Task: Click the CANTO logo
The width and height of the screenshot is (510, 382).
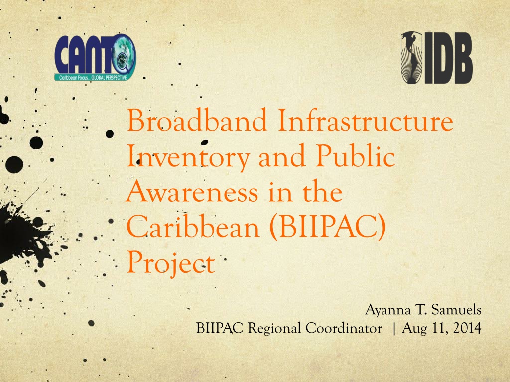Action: click(95, 58)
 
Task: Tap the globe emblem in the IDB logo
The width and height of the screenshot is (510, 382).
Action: click(411, 58)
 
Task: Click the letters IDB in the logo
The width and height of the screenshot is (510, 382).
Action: click(448, 58)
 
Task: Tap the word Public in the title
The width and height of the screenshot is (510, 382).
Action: click(356, 155)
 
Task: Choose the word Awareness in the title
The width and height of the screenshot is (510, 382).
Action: click(192, 191)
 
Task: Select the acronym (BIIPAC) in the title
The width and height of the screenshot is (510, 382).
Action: click(328, 227)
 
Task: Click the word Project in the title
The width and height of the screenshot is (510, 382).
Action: click(171, 263)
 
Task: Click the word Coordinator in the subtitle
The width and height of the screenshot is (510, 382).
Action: click(344, 328)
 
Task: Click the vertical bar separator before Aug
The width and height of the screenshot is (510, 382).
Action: click(394, 328)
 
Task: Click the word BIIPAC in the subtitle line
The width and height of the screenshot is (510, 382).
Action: click(220, 328)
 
